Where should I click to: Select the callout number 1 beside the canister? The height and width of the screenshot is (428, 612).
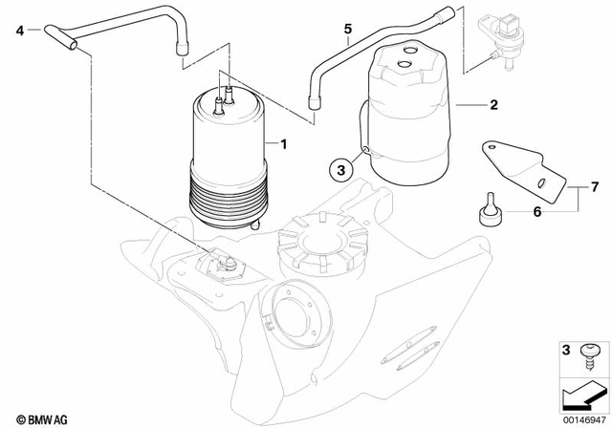(x=283, y=143)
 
